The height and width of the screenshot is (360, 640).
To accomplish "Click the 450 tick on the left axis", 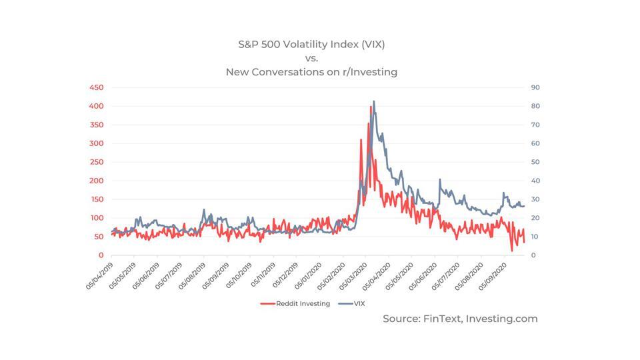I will [x=96, y=87].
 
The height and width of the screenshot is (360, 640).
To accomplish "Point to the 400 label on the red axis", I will [x=96, y=106].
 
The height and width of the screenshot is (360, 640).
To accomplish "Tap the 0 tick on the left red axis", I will [x=101, y=255].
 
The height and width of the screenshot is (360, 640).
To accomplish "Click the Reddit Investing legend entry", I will [x=295, y=303].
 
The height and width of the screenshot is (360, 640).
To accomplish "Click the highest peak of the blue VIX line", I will [x=374, y=101].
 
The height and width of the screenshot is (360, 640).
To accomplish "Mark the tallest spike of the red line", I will [x=371, y=106].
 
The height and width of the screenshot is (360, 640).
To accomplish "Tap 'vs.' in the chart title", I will [x=311, y=58].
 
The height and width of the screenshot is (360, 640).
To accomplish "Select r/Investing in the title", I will [x=369, y=71].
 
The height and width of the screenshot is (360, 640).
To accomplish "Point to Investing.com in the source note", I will [x=499, y=319].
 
